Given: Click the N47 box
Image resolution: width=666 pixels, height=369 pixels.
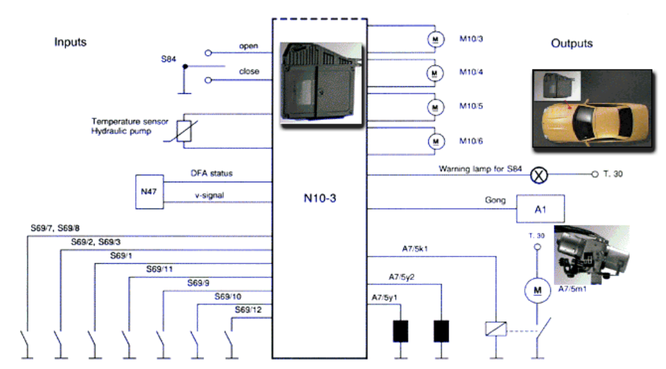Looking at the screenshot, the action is tap(150, 192).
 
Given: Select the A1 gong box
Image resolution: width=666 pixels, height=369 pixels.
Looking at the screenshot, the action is tap(541, 209).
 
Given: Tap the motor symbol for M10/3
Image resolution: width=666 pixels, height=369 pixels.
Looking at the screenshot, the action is tap(435, 39).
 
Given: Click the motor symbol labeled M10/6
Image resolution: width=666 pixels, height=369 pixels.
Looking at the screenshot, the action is tap(436, 141).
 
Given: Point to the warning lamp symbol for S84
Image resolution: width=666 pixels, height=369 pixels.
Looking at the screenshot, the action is tap(539, 175).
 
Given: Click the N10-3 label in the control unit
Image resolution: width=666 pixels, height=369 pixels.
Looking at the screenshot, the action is tap(320, 198).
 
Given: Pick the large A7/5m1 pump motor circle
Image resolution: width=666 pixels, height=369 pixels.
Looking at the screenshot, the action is tap(537, 290).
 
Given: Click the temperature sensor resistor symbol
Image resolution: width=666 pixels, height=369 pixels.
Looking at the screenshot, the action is tap(184, 131).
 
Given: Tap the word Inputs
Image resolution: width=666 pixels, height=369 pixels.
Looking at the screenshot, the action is tap(70, 42).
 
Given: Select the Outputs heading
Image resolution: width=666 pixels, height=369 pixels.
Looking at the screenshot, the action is tap(572, 43).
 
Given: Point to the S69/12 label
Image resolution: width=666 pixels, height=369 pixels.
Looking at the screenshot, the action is tap(248, 310).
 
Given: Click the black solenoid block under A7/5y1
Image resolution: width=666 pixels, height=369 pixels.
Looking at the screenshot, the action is tap(401, 331).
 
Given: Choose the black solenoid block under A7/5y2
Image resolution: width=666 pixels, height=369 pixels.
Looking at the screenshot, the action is tap(441, 331).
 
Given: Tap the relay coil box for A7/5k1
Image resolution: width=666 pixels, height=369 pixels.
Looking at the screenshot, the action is tap(496, 328).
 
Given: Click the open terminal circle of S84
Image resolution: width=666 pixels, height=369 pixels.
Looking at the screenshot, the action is tap(208, 53).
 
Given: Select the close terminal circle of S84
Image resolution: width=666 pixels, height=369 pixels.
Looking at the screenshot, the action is tap(208, 80).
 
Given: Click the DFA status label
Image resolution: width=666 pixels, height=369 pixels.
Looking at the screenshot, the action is tap(212, 173).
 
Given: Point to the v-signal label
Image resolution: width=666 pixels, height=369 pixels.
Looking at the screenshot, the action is tap(210, 196).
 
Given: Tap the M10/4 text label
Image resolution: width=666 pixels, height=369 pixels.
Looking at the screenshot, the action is tap(471, 72).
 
